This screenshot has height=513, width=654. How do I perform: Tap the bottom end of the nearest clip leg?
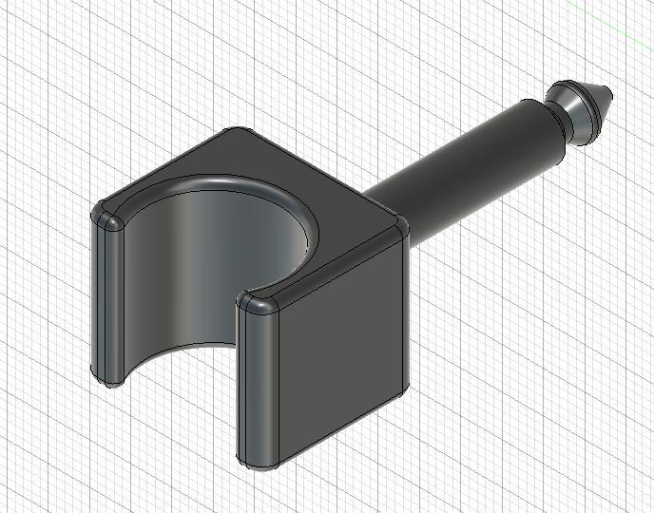260,465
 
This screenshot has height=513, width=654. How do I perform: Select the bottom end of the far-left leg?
107,377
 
